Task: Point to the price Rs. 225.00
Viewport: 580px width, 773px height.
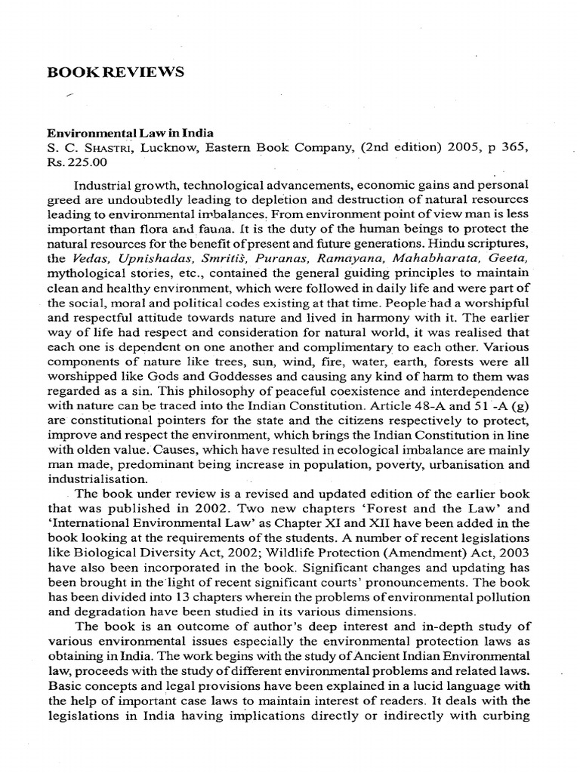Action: tap(79, 162)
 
